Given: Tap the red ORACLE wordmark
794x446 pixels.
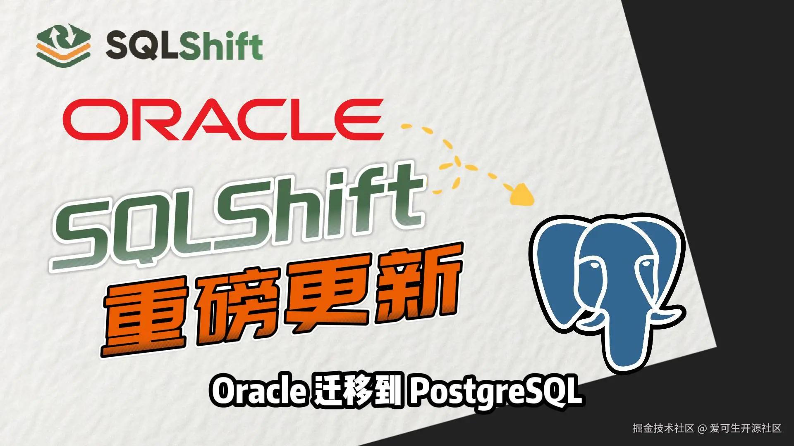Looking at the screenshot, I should (x=223, y=120).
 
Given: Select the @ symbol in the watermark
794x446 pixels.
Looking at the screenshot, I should (x=702, y=429).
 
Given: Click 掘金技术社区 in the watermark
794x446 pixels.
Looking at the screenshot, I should (x=663, y=429).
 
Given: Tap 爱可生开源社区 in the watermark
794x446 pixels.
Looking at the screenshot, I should (x=746, y=429).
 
